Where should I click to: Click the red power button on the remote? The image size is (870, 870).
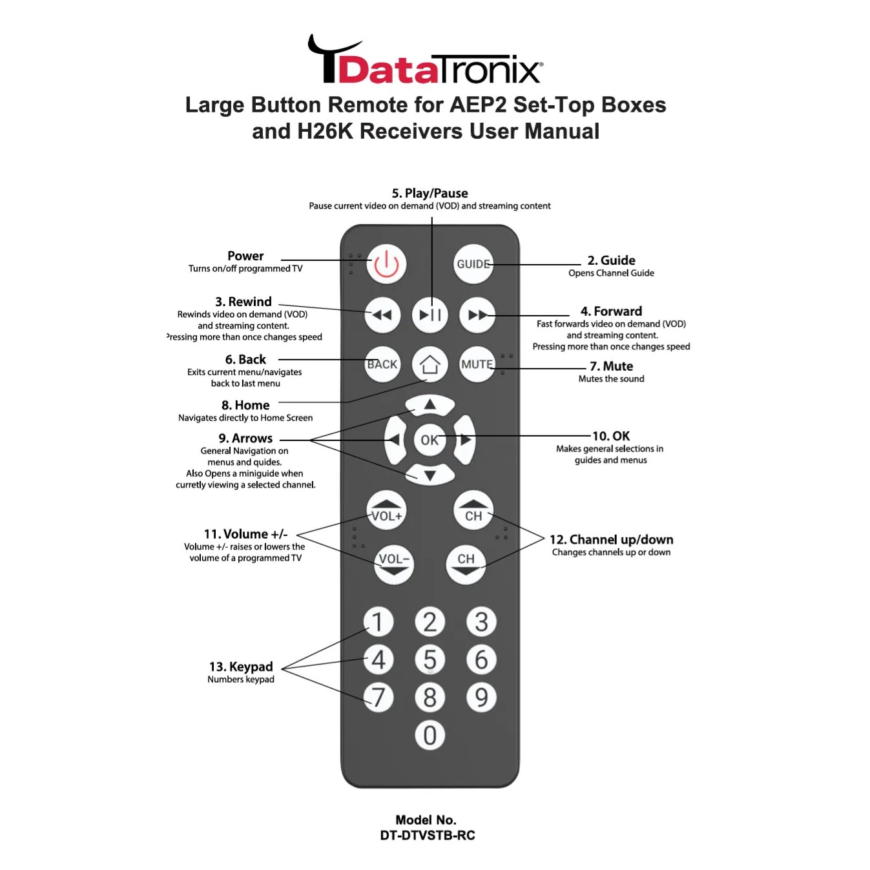(x=386, y=264)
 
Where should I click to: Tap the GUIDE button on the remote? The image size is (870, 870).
(x=473, y=264)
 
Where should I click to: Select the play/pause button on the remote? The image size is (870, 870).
(x=430, y=315)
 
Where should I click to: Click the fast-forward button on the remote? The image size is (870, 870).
(x=477, y=315)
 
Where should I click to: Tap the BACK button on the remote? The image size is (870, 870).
(x=382, y=364)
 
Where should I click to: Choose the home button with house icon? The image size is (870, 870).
(x=430, y=365)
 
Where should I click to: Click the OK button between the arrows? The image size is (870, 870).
(x=430, y=440)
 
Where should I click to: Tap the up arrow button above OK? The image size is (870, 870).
(x=430, y=405)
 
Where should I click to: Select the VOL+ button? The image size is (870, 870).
(x=386, y=510)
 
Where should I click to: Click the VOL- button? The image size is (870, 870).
(x=394, y=564)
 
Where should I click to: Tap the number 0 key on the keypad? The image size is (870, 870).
(x=430, y=735)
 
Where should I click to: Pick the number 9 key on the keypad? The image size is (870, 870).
(x=481, y=698)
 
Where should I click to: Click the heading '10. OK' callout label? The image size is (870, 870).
(x=611, y=436)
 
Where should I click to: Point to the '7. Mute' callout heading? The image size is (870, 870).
(x=611, y=366)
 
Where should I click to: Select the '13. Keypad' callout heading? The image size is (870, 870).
(x=241, y=667)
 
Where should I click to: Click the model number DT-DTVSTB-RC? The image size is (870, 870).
(x=427, y=835)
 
